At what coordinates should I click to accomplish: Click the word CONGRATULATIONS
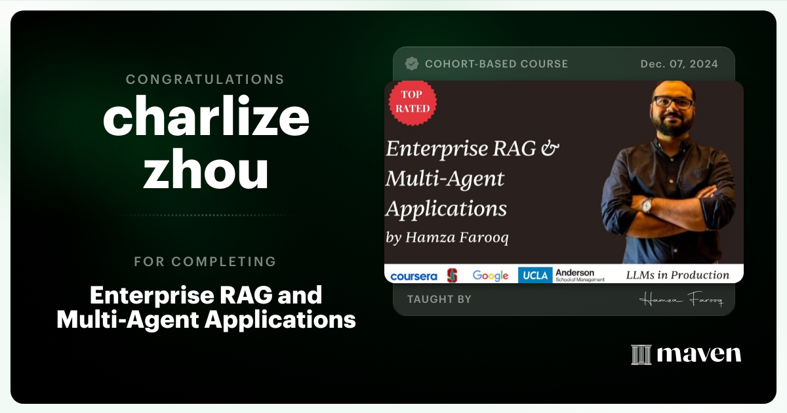[x=205, y=79]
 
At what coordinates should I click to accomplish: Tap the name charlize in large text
[x=206, y=118]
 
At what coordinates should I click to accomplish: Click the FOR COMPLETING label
[x=205, y=262]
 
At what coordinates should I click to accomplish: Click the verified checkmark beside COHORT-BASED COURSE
[x=412, y=64]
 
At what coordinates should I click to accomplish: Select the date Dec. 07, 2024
[x=679, y=64]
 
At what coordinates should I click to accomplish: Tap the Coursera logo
[x=413, y=276]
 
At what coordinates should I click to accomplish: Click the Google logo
[x=491, y=275]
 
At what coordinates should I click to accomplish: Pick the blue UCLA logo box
[x=535, y=275]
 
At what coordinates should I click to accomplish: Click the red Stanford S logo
[x=452, y=275]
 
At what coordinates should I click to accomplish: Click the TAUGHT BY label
[x=439, y=300]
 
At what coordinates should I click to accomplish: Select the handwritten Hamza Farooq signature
[x=680, y=300]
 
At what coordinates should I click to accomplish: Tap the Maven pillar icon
[x=641, y=355]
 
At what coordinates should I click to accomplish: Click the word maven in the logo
[x=698, y=355]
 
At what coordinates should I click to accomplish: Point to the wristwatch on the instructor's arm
[x=647, y=205]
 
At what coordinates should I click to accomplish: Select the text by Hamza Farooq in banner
[x=447, y=238]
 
